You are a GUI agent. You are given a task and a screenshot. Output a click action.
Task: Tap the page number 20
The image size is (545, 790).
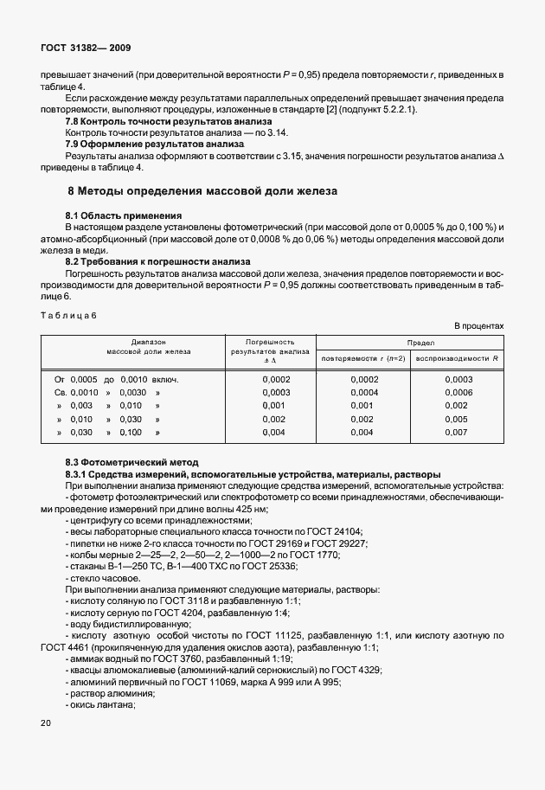(x=46, y=722)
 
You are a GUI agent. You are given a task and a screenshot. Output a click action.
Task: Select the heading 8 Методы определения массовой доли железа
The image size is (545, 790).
(x=202, y=190)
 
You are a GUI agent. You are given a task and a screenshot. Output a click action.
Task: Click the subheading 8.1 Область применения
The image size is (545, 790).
(x=124, y=215)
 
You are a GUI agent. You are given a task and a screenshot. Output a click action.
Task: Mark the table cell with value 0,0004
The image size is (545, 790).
(x=364, y=392)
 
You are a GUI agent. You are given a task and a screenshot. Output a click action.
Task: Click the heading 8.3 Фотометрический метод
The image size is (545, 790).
(x=131, y=462)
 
